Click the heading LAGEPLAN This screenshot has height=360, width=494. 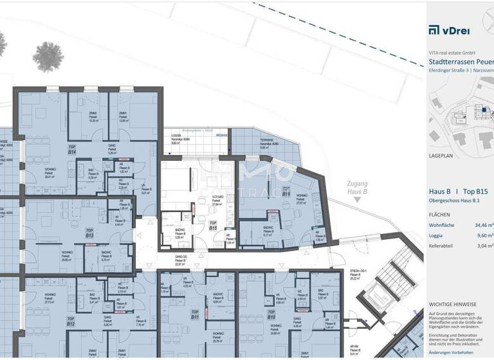click(443, 156)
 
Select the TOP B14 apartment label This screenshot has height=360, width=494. click(72, 149)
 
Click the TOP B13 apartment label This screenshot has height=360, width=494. click(89, 233)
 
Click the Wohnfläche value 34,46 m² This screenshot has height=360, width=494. click(483, 225)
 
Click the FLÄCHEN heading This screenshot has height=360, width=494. click(441, 213)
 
